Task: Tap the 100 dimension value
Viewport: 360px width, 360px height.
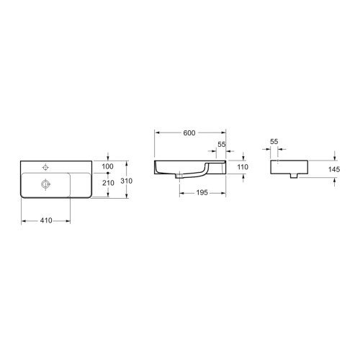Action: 108,167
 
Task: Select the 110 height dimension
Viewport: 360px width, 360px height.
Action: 242,167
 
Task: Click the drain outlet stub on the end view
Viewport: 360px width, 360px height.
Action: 295,176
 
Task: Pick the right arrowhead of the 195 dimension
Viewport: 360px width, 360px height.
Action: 224,193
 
